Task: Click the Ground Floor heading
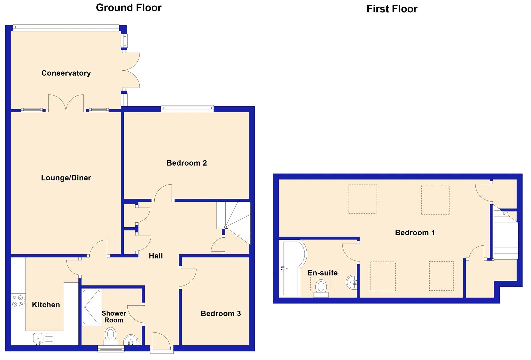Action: pos(129,8)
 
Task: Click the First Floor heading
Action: pos(392,9)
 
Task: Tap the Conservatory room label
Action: pos(66,73)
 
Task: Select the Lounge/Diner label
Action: pos(66,178)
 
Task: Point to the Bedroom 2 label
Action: pos(187,163)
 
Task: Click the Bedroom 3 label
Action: pos(221,313)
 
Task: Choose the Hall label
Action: pos(156,256)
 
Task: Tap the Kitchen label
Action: pos(46,305)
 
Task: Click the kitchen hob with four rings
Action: pos(18,301)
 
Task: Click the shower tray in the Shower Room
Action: pos(92,307)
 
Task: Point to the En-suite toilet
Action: pos(321,288)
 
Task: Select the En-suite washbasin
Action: pos(352,282)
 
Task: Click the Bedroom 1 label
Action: pos(415,232)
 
